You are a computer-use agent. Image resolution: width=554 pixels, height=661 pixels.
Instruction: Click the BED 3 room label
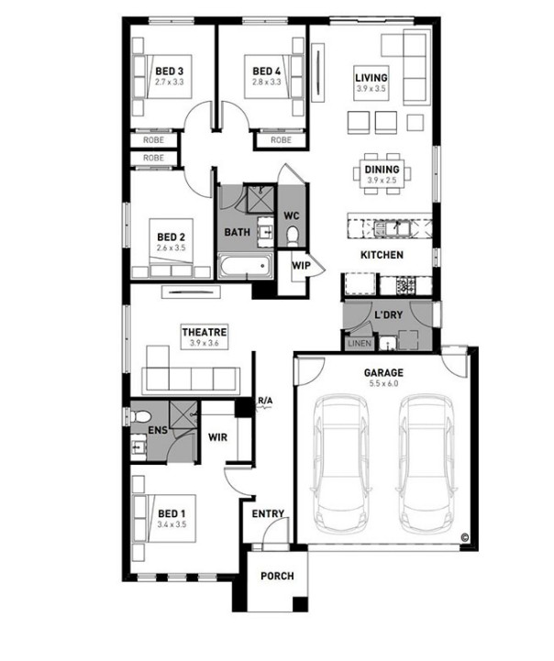point(169,72)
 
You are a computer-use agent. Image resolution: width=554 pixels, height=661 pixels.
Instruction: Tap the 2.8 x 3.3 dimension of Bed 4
point(267,83)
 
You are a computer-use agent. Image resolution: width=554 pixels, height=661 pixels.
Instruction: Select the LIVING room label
point(371,78)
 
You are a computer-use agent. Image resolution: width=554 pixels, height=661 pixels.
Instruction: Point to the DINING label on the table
point(382,170)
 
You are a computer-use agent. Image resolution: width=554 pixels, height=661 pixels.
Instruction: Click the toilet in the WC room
point(292,237)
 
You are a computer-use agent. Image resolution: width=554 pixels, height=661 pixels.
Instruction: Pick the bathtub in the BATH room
point(245,266)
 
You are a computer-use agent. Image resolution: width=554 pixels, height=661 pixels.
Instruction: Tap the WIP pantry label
point(301,266)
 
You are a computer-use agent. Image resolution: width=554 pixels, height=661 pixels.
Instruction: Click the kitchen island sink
point(392,229)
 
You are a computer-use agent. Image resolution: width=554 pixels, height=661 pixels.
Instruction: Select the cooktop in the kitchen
point(405,285)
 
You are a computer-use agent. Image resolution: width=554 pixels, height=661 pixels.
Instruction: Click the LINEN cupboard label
point(360,344)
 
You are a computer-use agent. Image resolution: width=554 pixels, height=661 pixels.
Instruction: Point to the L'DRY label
point(388,314)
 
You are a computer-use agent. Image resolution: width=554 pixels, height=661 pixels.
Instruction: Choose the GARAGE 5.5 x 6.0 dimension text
point(383,383)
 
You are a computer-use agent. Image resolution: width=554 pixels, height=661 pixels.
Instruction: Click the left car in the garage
point(340,464)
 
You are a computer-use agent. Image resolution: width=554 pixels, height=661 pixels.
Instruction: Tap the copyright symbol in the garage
point(465,537)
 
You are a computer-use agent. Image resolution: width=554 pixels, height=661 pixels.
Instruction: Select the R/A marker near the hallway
point(266,401)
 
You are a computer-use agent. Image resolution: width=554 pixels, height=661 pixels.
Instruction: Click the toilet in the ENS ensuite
point(140,417)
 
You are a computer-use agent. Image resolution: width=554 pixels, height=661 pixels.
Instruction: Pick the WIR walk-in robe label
point(217,437)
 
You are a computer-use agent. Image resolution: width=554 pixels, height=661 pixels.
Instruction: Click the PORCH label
point(277,576)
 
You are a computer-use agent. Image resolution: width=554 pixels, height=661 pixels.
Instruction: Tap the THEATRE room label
point(205,332)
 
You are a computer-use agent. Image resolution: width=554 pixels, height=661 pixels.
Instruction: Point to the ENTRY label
point(268,514)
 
